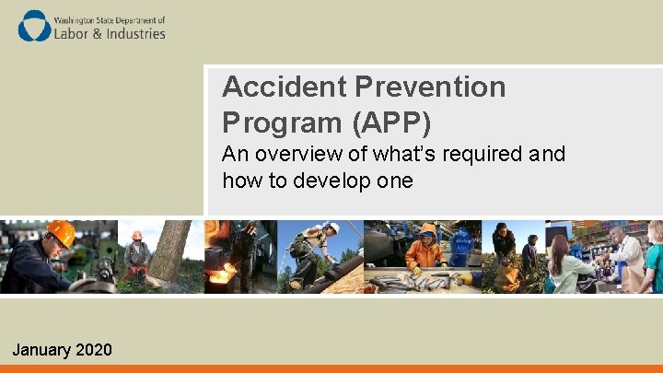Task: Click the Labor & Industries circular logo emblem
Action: (x=35, y=26)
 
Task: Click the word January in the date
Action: (x=41, y=350)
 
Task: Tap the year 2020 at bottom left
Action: (x=94, y=350)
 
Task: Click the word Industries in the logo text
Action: (x=131, y=33)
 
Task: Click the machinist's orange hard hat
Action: (x=61, y=233)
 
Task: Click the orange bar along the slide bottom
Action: (x=331, y=368)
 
